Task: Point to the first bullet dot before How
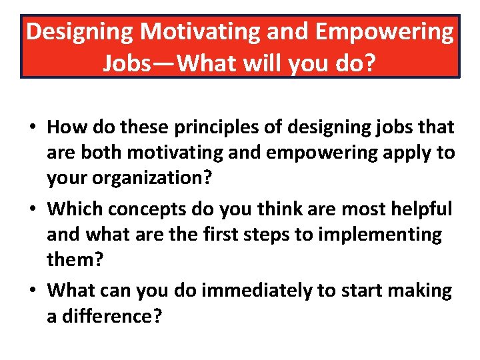coord(31,127)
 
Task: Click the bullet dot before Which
coord(31,210)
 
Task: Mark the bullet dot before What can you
coord(31,291)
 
